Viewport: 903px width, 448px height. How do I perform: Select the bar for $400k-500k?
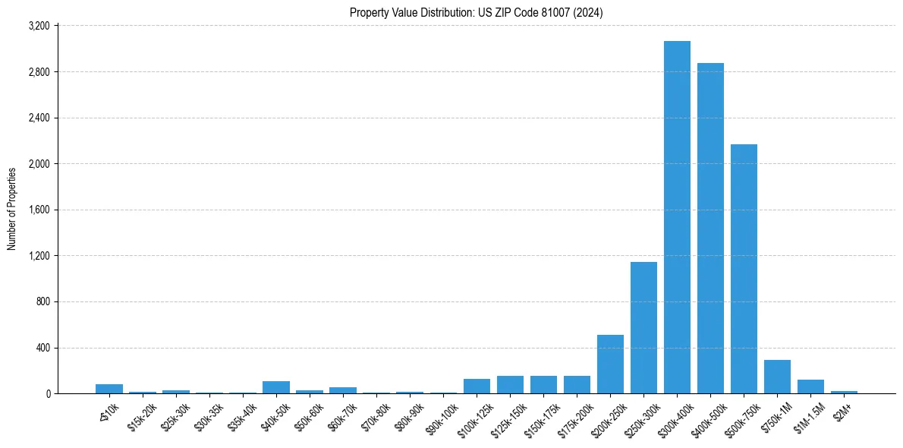pyautogui.click(x=710, y=228)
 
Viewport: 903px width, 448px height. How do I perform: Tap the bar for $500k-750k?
pyautogui.click(x=744, y=269)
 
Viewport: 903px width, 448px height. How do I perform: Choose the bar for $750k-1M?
pyautogui.click(x=777, y=377)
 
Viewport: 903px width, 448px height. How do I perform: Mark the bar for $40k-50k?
pyautogui.click(x=276, y=387)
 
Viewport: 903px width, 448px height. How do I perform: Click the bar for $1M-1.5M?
pyautogui.click(x=810, y=386)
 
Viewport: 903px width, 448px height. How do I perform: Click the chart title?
pyautogui.click(x=477, y=13)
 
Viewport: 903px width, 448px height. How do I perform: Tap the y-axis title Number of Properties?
pyautogui.click(x=12, y=209)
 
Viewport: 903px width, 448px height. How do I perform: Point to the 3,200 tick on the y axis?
pyautogui.click(x=38, y=26)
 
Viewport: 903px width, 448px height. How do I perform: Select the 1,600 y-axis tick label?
pyautogui.click(x=38, y=210)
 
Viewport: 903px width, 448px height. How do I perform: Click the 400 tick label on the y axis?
pyautogui.click(x=42, y=348)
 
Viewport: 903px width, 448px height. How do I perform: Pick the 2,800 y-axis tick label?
pyautogui.click(x=38, y=72)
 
